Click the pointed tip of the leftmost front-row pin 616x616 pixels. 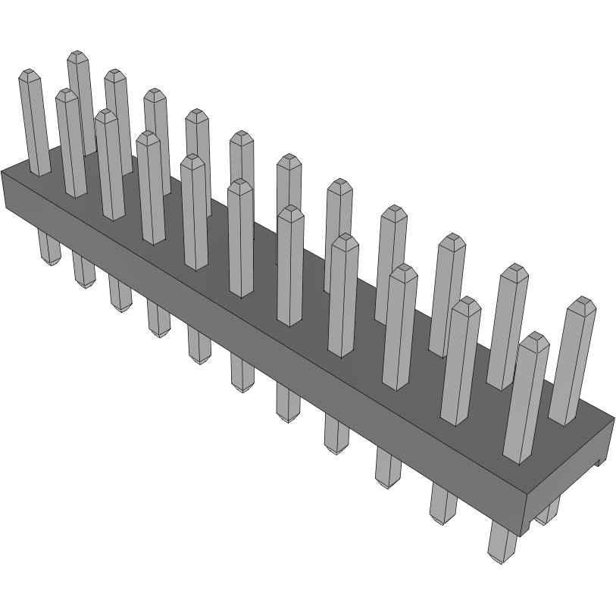(28, 74)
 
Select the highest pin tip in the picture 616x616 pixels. (76, 55)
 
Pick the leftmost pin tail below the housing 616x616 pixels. (48, 249)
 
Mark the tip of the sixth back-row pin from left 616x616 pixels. (288, 159)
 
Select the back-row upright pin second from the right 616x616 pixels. (508, 326)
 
